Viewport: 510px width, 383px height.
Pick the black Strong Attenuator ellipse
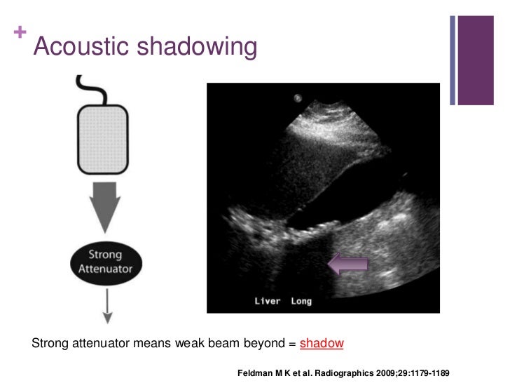[x=105, y=262]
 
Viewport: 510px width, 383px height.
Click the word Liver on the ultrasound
[x=267, y=302]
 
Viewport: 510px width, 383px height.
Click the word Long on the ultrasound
[x=301, y=302]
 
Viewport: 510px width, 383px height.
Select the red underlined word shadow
[x=322, y=344]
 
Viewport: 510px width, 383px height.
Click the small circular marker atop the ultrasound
[x=298, y=98]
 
